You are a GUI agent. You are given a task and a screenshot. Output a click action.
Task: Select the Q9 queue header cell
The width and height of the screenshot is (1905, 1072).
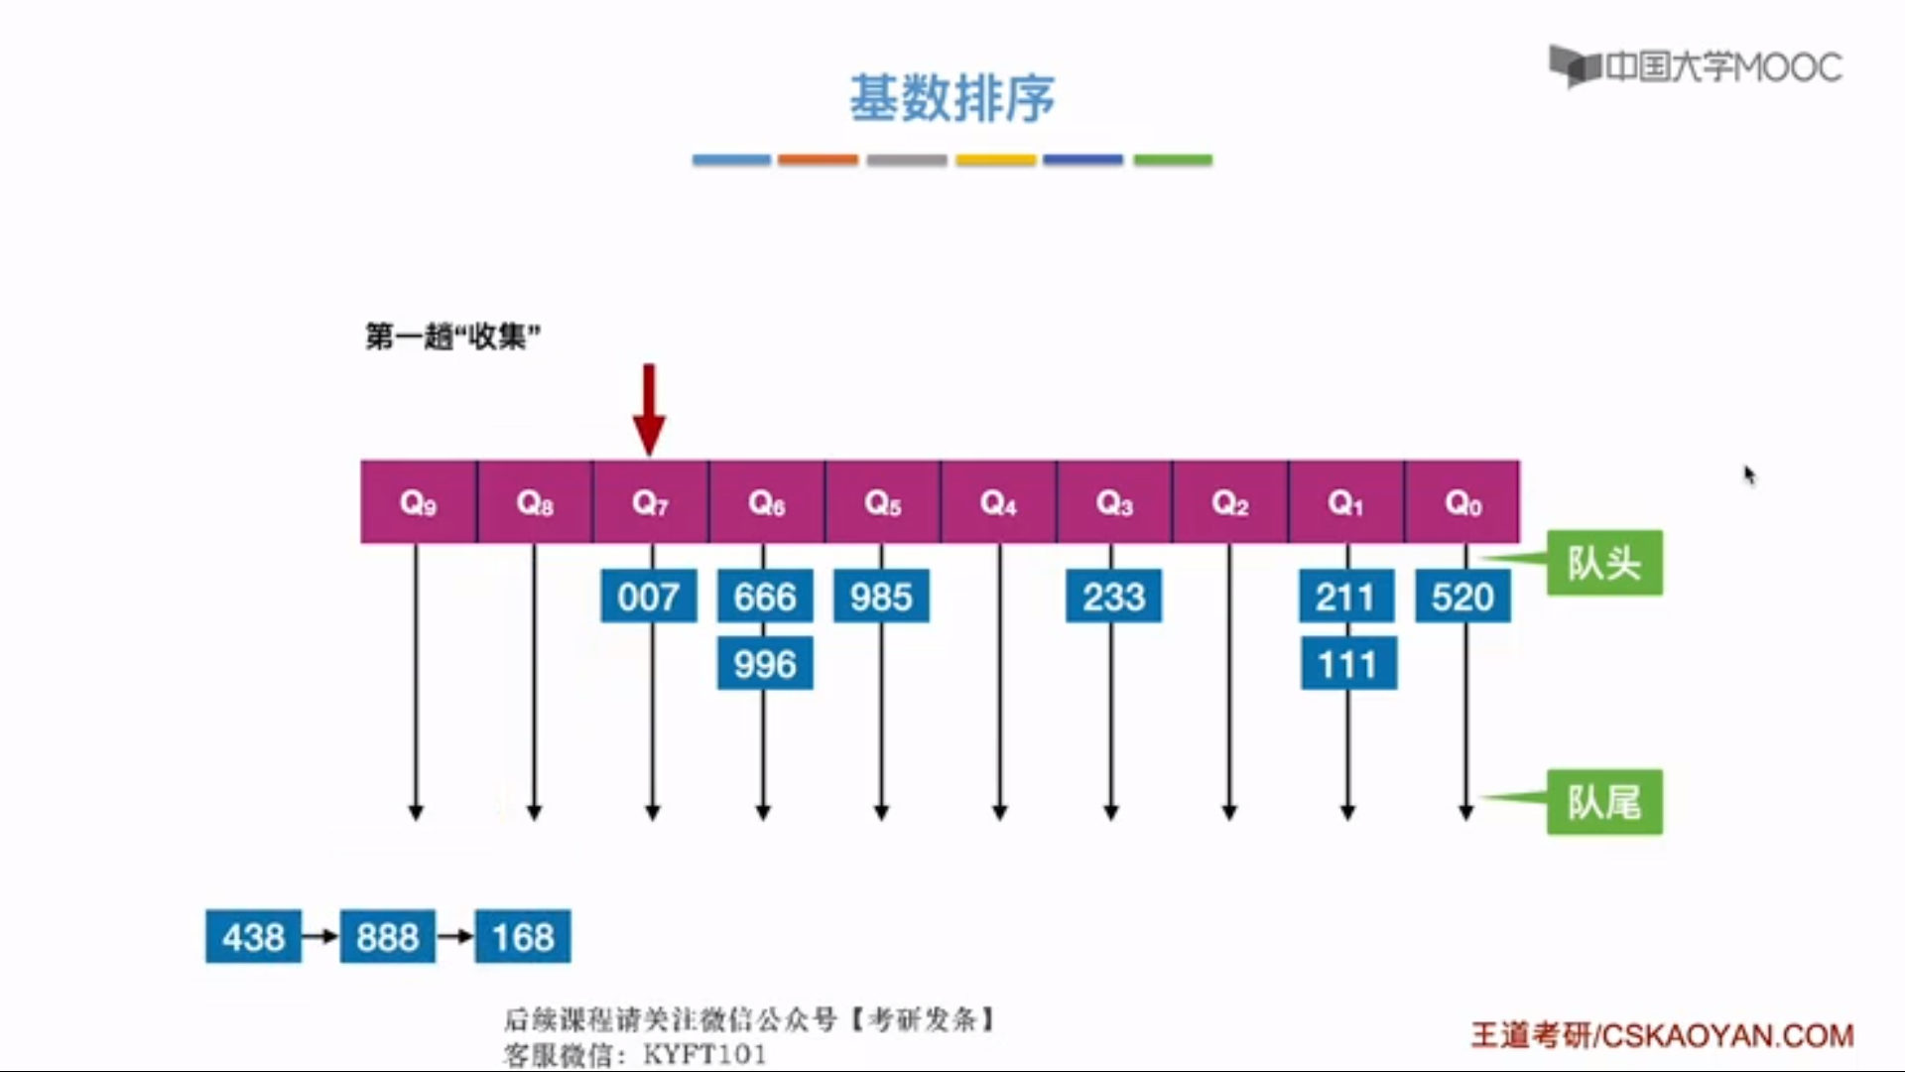click(418, 502)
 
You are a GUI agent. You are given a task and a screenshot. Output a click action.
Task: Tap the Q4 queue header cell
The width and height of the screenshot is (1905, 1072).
click(998, 502)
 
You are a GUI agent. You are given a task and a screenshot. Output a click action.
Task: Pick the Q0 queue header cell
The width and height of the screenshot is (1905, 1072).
click(1462, 502)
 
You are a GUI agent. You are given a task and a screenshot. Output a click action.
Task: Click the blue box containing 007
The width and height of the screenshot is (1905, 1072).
click(649, 597)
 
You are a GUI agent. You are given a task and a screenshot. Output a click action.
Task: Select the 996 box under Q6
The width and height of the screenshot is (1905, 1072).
click(765, 664)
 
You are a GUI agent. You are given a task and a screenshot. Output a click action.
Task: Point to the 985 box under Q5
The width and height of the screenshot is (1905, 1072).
click(881, 597)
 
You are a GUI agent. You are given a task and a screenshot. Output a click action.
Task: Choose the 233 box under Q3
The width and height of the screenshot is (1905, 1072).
click(1113, 597)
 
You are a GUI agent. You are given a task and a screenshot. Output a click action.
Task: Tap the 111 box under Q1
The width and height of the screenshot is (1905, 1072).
click(1347, 664)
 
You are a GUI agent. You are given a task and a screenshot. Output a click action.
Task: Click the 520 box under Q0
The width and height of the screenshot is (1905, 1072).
click(1462, 597)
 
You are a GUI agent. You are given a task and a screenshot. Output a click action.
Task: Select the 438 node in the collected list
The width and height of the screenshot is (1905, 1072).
click(253, 936)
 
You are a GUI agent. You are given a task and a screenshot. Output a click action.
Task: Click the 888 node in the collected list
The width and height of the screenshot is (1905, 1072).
click(388, 936)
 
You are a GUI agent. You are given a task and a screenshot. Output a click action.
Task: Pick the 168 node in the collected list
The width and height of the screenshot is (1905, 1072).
click(523, 936)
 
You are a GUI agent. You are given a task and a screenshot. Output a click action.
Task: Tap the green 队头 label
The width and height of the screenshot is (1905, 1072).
click(1604, 563)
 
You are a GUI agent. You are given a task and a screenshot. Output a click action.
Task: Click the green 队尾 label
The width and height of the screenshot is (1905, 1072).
click(1604, 802)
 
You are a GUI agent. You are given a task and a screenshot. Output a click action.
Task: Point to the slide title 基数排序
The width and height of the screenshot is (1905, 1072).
click(952, 98)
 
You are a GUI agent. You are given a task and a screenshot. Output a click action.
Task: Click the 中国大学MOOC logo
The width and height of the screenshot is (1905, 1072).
click(1696, 67)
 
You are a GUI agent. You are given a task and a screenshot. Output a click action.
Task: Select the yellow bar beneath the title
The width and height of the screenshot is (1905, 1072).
click(995, 160)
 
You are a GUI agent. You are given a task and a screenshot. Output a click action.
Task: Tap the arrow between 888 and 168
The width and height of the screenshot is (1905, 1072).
click(455, 936)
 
